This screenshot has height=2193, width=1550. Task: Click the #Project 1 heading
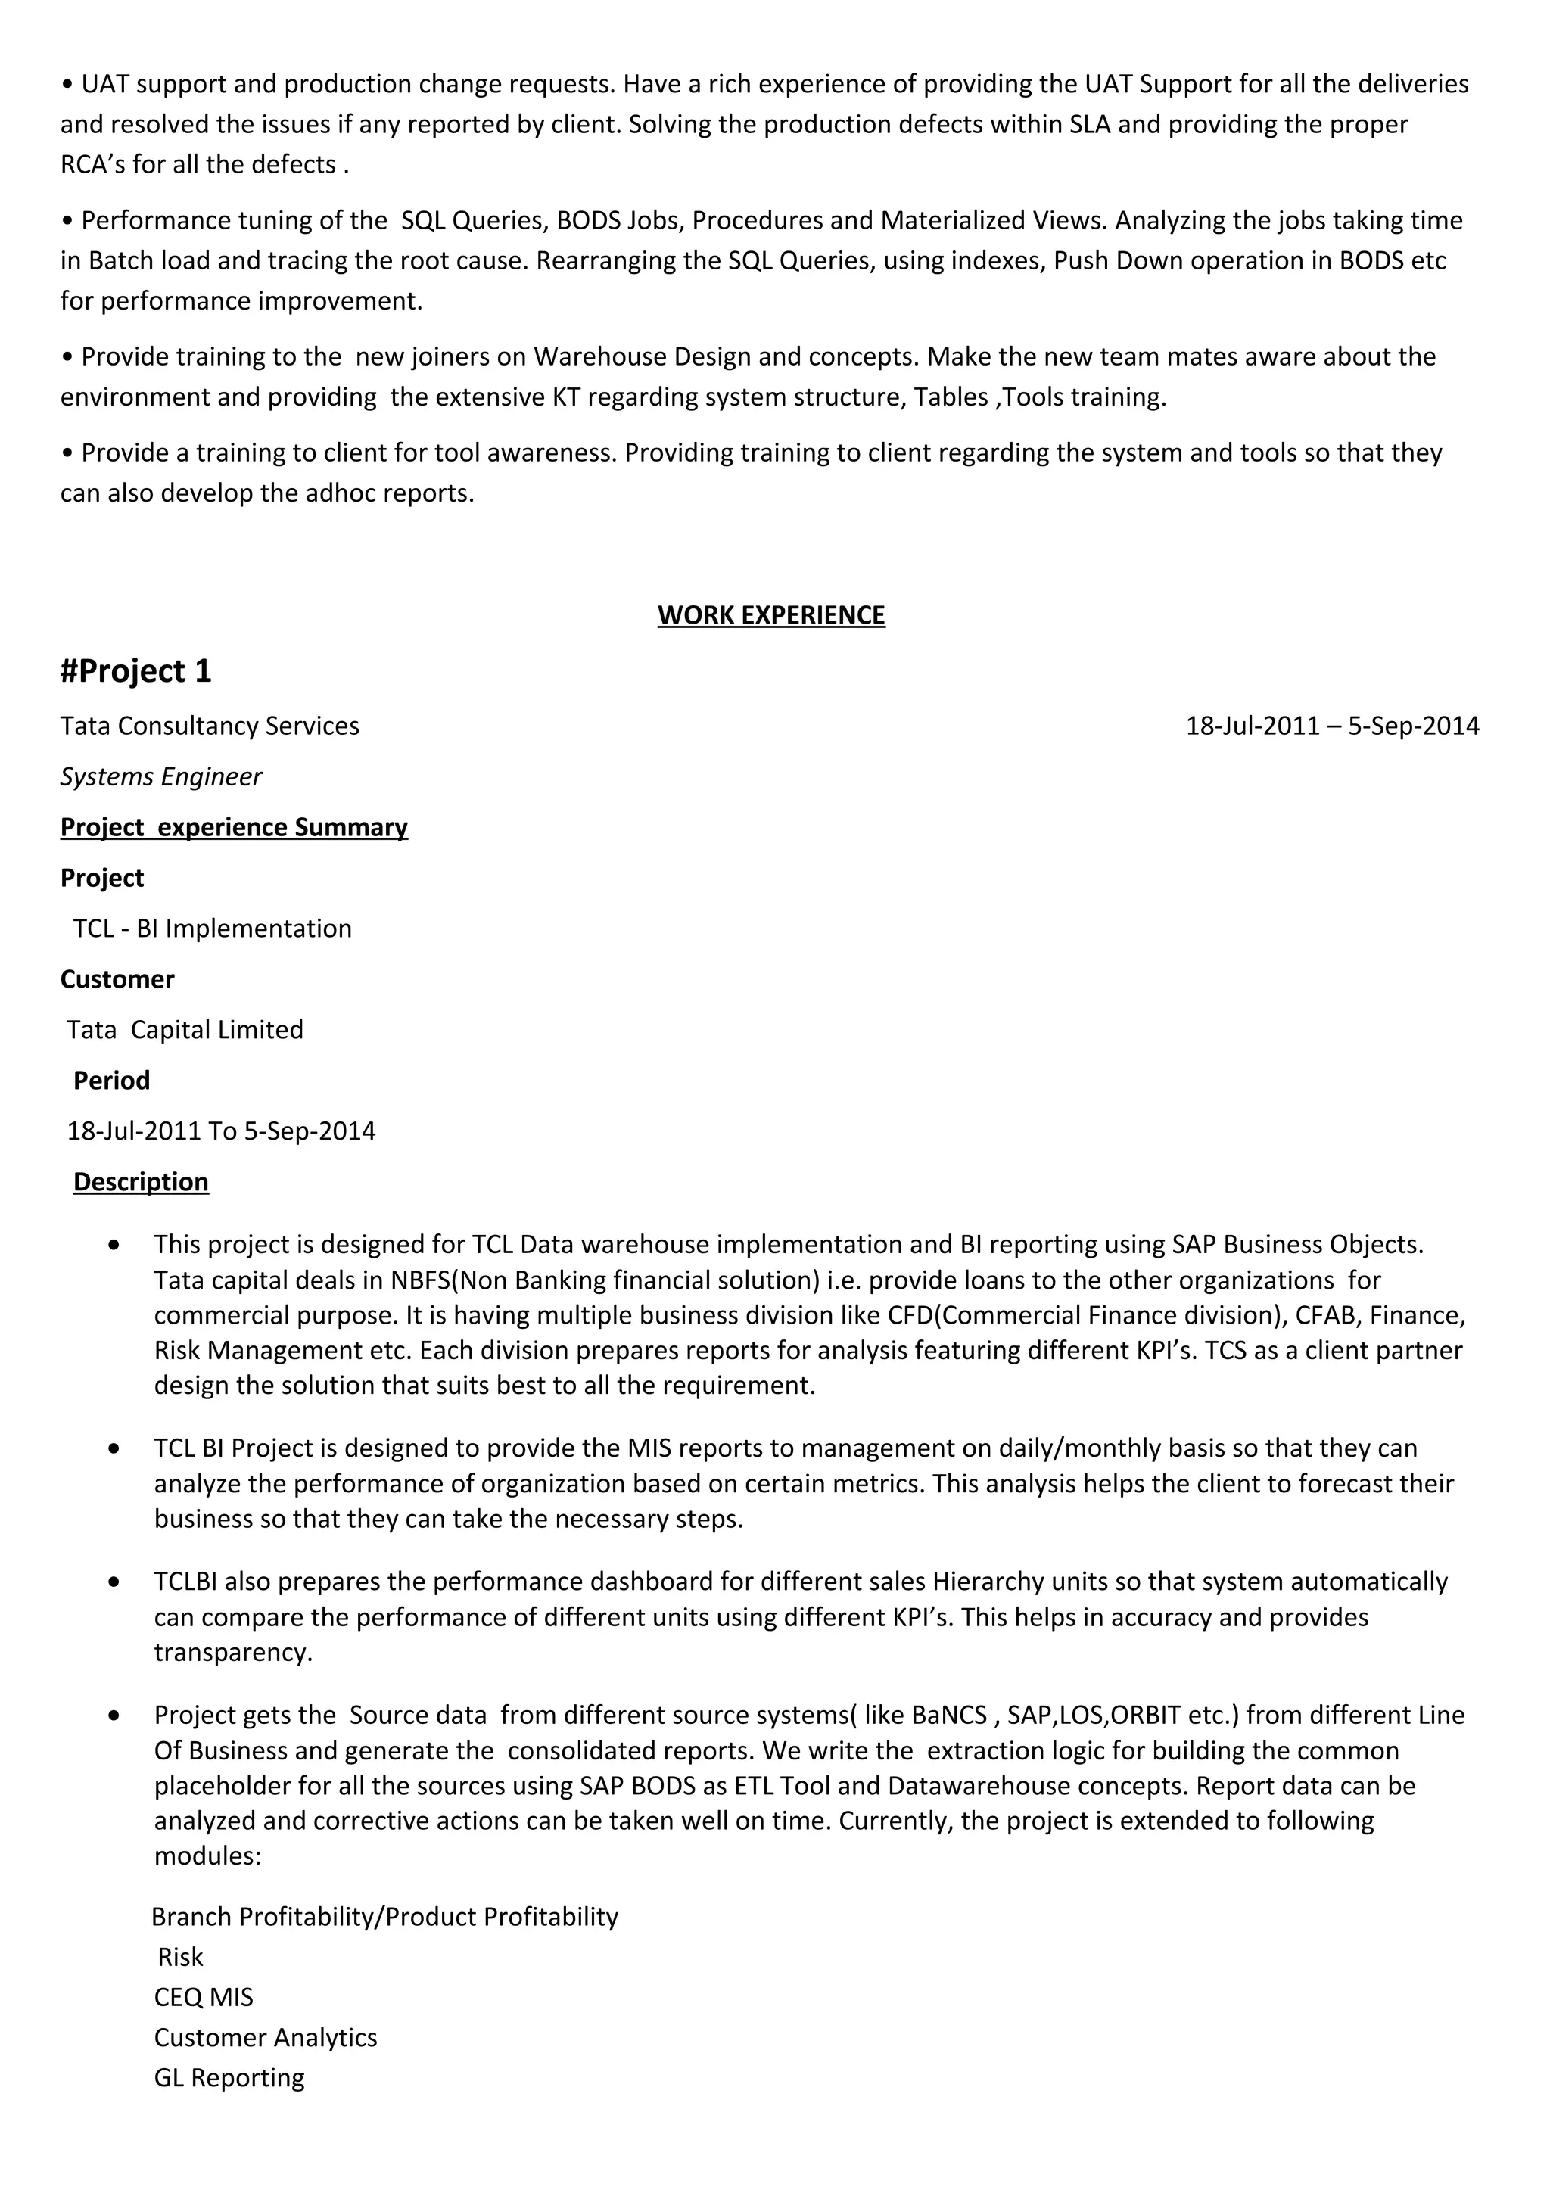[135, 671]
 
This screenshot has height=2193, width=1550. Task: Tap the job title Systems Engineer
[160, 776]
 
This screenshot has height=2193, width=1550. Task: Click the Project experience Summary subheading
[234, 827]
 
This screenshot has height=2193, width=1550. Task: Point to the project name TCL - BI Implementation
[212, 929]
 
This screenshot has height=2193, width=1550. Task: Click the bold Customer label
[117, 979]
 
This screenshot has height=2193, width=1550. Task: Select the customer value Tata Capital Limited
[185, 1030]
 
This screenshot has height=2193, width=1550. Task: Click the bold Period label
[112, 1081]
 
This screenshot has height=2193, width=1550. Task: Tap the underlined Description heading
[140, 1183]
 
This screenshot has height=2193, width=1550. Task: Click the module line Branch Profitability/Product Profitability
[385, 1917]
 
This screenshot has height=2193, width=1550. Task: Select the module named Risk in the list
[179, 1957]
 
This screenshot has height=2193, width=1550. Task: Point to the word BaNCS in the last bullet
[949, 1716]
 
